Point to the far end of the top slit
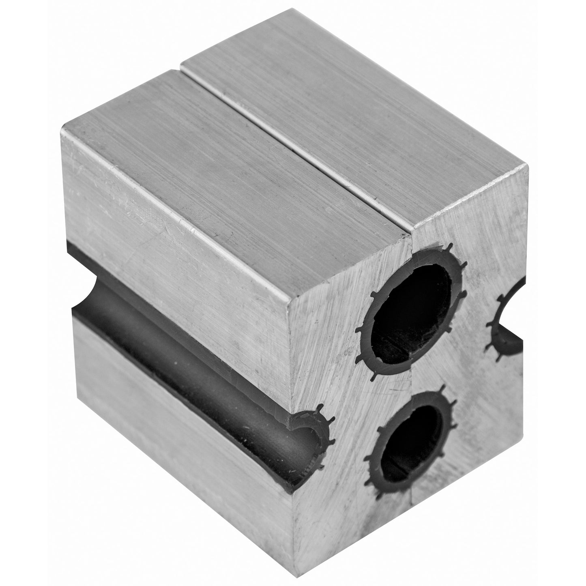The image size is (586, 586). [181, 64]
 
